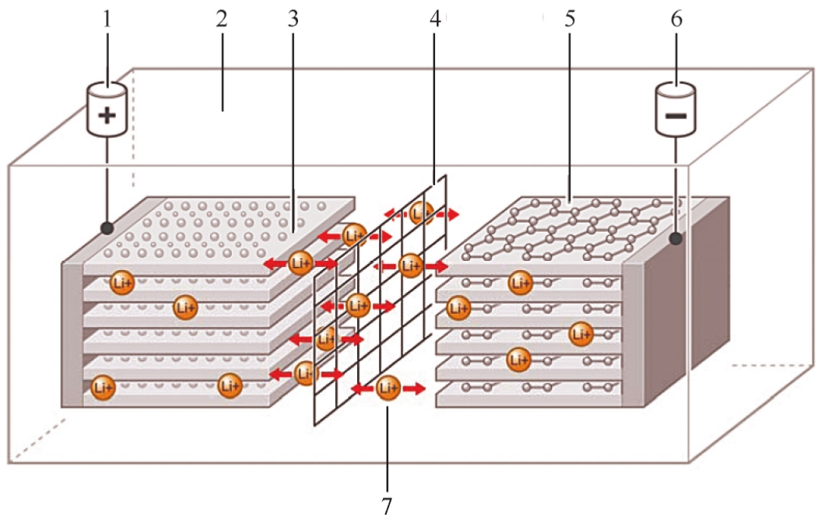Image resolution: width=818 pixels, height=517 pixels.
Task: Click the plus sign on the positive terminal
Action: pyautogui.click(x=108, y=117)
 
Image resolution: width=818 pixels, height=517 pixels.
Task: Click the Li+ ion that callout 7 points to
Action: pyautogui.click(x=388, y=387)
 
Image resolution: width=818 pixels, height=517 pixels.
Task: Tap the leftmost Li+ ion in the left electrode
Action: pyautogui.click(x=102, y=387)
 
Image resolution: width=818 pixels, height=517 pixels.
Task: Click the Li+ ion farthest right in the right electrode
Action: pyautogui.click(x=580, y=334)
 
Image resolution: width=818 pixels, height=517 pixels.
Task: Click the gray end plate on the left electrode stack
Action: pyautogui.click(x=72, y=335)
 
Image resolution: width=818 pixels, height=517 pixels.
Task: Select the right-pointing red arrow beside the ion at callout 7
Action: pyautogui.click(x=415, y=388)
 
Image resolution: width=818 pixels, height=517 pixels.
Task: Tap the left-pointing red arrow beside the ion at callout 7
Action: pyautogui.click(x=361, y=387)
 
